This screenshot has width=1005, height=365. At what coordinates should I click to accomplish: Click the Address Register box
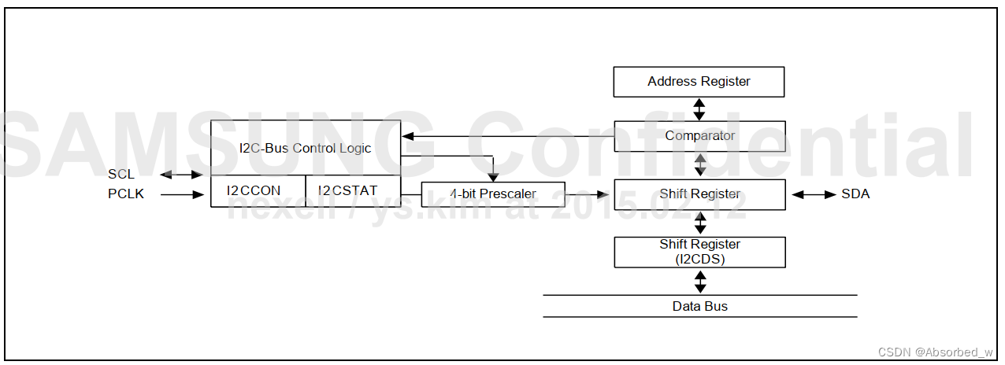pyautogui.click(x=699, y=82)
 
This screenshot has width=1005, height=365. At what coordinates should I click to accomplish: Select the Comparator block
pyautogui.click(x=699, y=136)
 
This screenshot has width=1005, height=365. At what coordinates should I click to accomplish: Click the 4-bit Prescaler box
pyautogui.click(x=493, y=194)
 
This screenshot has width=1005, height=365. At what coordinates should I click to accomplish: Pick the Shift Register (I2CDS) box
pyautogui.click(x=699, y=252)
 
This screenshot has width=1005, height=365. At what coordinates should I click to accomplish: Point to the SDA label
pyautogui.click(x=855, y=194)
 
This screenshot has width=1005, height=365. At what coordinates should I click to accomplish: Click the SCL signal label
pyautogui.click(x=121, y=175)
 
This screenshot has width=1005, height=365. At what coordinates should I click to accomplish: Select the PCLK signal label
pyautogui.click(x=126, y=194)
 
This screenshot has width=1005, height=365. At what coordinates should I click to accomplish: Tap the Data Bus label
pyautogui.click(x=699, y=306)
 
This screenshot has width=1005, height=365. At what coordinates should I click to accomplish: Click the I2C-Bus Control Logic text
pyautogui.click(x=305, y=148)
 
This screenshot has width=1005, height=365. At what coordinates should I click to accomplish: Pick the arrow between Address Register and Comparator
pyautogui.click(x=699, y=109)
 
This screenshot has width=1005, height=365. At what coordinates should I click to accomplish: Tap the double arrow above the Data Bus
pyautogui.click(x=699, y=281)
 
